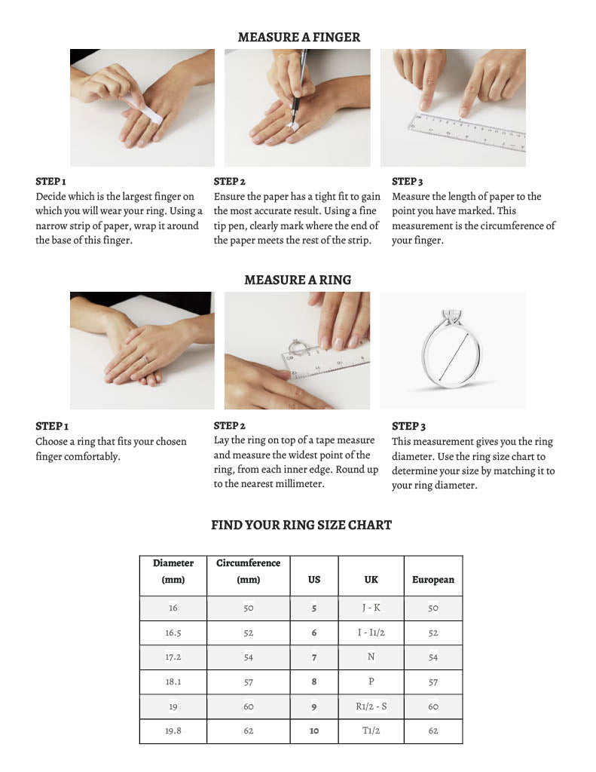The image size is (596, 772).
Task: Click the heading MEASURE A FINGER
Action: pyautogui.click(x=298, y=37)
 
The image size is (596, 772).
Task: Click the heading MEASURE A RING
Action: pyautogui.click(x=298, y=280)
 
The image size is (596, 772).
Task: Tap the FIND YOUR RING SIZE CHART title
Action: pyautogui.click(x=301, y=525)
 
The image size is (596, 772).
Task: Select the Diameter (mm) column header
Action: pyautogui.click(x=173, y=571)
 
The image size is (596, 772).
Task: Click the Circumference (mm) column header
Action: pyautogui.click(x=248, y=571)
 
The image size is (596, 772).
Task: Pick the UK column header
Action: pyautogui.click(x=371, y=580)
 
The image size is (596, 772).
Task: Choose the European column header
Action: pyautogui.click(x=432, y=580)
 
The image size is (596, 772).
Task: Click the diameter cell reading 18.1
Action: pyautogui.click(x=173, y=682)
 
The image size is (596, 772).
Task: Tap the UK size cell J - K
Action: pyautogui.click(x=371, y=608)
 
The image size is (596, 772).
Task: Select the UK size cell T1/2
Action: pyautogui.click(x=371, y=731)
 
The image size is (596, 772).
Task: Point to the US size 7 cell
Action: pyautogui.click(x=314, y=657)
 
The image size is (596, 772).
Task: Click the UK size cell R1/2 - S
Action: pyautogui.click(x=371, y=706)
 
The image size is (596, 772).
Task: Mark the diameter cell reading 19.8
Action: pyautogui.click(x=173, y=731)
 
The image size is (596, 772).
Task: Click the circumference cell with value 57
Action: pyautogui.click(x=248, y=682)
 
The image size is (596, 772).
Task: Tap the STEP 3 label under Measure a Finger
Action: pyautogui.click(x=407, y=182)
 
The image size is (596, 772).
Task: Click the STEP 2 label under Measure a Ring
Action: pyautogui.click(x=229, y=426)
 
